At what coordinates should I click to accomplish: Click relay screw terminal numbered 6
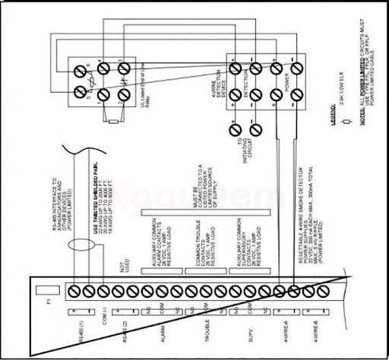point(80,68)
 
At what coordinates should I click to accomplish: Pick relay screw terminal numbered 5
point(80,93)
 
